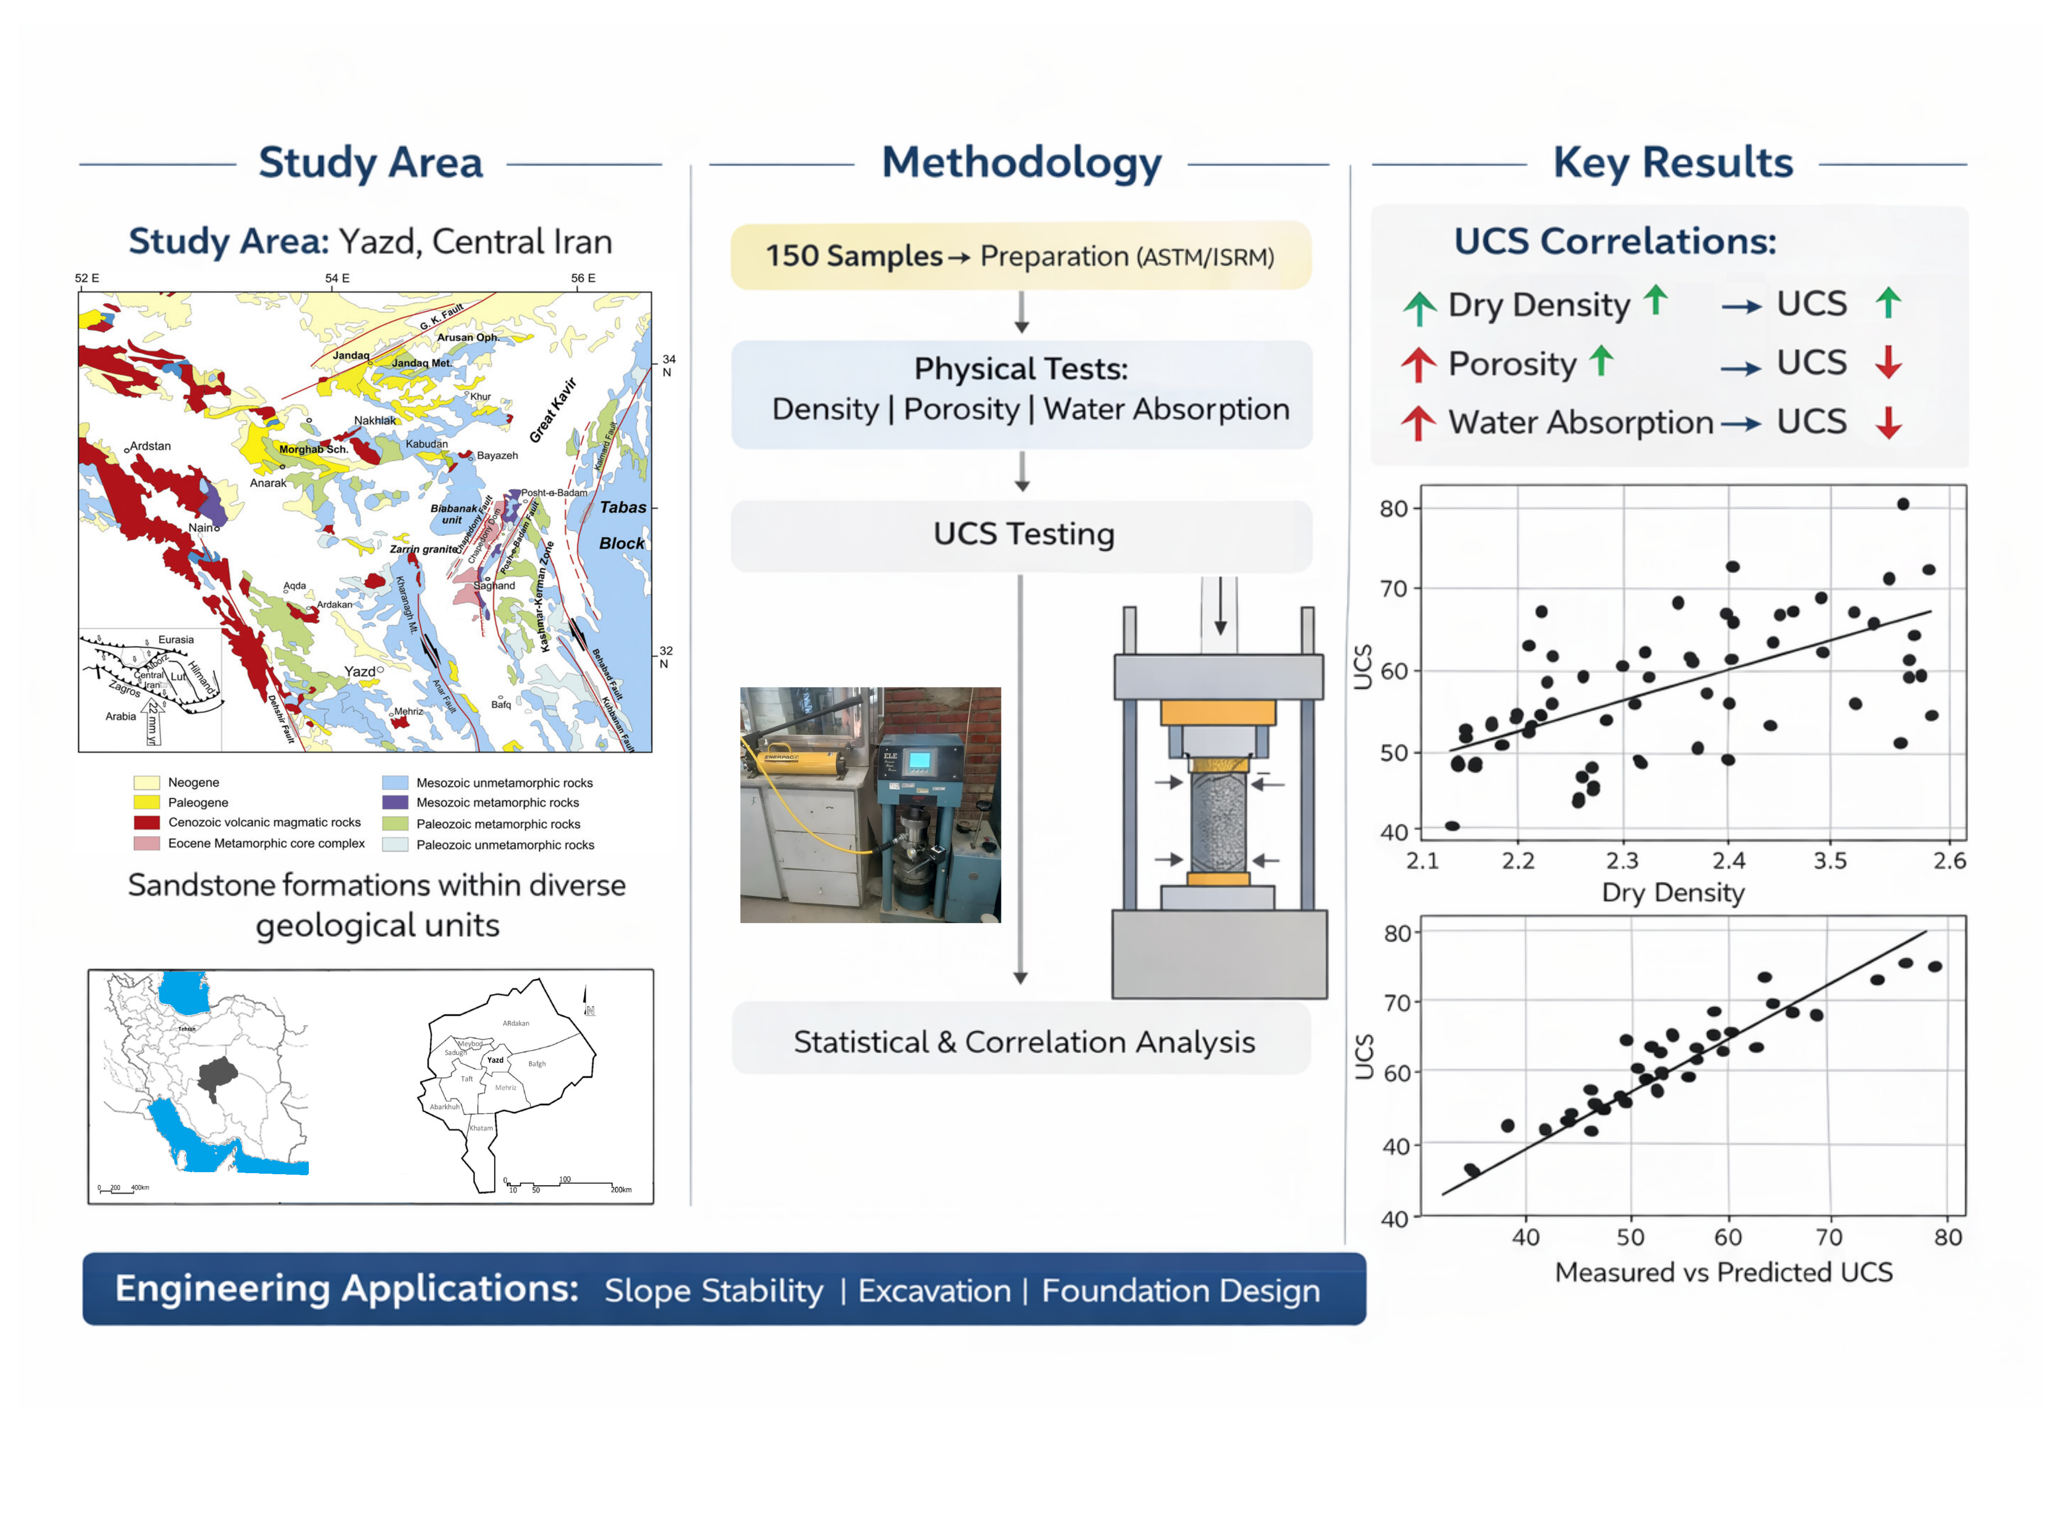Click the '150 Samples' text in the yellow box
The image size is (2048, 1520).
853,256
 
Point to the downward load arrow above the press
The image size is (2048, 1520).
1220,607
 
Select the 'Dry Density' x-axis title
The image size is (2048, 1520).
1672,892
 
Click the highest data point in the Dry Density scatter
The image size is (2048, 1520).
1902,504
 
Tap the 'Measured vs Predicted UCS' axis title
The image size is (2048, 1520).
1723,1272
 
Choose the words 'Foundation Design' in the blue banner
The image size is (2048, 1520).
1180,1291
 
